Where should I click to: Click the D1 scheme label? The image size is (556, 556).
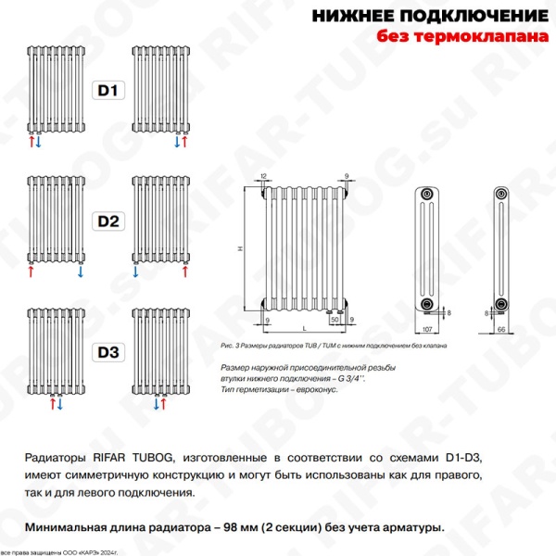pos(109,91)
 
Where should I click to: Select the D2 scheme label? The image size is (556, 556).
pos(109,221)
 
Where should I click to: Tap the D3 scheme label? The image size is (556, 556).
pos(109,352)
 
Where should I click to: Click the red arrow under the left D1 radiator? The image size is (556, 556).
pos(30,143)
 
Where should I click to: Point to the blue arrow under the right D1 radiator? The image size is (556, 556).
pos(176,143)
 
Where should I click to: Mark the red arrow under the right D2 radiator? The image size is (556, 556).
pos(185,273)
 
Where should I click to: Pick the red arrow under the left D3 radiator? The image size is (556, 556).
pos(51,405)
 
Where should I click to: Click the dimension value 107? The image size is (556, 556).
pos(427,330)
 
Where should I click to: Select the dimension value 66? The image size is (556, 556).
pos(500,330)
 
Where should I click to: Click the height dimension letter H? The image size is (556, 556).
pos(238,249)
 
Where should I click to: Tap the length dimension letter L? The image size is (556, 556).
pos(305,330)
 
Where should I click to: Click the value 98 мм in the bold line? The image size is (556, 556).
pos(247,527)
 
